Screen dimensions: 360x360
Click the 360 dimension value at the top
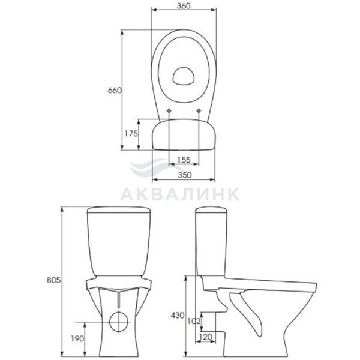click(x=184, y=5)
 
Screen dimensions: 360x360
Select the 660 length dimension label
click(x=115, y=91)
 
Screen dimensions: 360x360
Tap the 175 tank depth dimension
click(x=131, y=133)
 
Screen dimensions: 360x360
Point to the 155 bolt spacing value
click(x=184, y=160)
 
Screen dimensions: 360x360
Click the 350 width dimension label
click(x=185, y=175)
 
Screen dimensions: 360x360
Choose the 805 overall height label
click(x=54, y=280)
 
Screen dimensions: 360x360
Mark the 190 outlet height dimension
click(x=77, y=338)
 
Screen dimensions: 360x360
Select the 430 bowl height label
click(x=177, y=315)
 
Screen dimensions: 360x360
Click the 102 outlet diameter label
click(x=194, y=321)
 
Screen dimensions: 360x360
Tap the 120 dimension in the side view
click(x=205, y=337)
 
